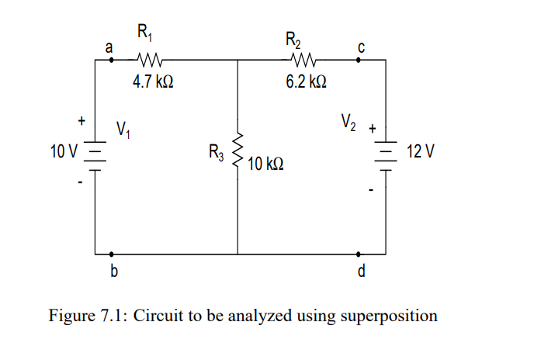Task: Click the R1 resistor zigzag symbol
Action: click(147, 59)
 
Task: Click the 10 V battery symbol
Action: click(95, 154)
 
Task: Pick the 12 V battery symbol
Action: click(385, 154)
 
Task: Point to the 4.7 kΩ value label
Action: click(147, 80)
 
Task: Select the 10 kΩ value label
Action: click(266, 164)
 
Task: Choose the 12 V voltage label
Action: click(419, 151)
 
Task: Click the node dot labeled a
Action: click(112, 59)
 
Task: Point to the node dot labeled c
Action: click(358, 59)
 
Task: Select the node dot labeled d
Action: click(358, 254)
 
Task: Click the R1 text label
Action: click(145, 33)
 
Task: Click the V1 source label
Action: click(123, 129)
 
